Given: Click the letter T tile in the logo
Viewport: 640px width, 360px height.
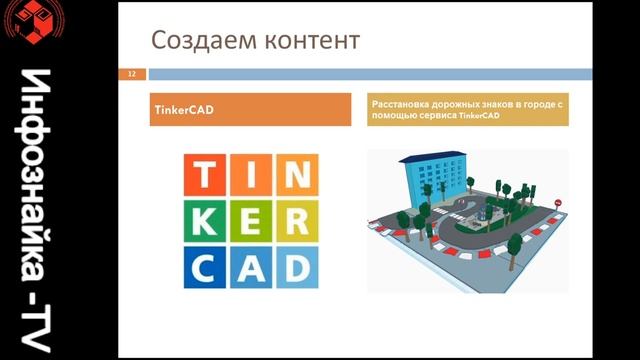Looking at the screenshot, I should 205,177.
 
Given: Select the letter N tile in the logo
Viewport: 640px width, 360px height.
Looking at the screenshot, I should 295,177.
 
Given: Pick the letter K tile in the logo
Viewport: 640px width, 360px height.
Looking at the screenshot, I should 205,222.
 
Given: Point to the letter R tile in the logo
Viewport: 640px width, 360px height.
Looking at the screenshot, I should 295,222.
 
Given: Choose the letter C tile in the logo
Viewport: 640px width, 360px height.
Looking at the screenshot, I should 205,266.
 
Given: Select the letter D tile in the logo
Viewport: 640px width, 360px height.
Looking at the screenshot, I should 295,266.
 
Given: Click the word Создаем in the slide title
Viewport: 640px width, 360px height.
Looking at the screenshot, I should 198,42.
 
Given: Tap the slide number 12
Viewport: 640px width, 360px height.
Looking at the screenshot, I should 131,74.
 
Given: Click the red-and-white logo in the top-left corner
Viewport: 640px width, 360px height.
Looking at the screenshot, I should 29,22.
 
